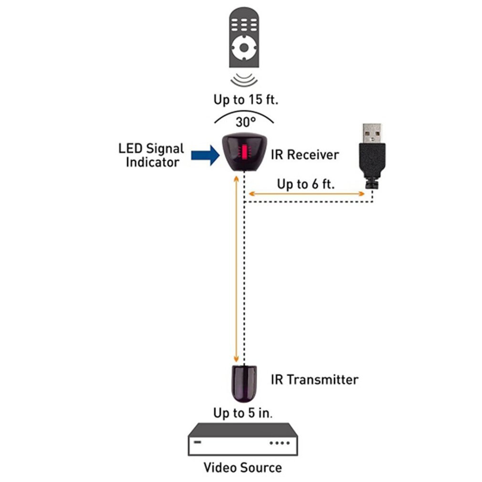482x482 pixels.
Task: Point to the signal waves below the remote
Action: (x=244, y=79)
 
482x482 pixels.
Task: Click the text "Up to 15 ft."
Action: (x=246, y=100)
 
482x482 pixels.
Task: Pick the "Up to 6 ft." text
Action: (x=305, y=184)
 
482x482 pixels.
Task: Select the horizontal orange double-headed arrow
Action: (x=305, y=194)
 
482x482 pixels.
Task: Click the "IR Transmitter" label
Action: (x=314, y=380)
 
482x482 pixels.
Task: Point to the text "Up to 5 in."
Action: (x=243, y=413)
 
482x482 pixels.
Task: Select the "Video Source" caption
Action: (x=242, y=467)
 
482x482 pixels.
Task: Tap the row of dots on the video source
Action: (x=280, y=443)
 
